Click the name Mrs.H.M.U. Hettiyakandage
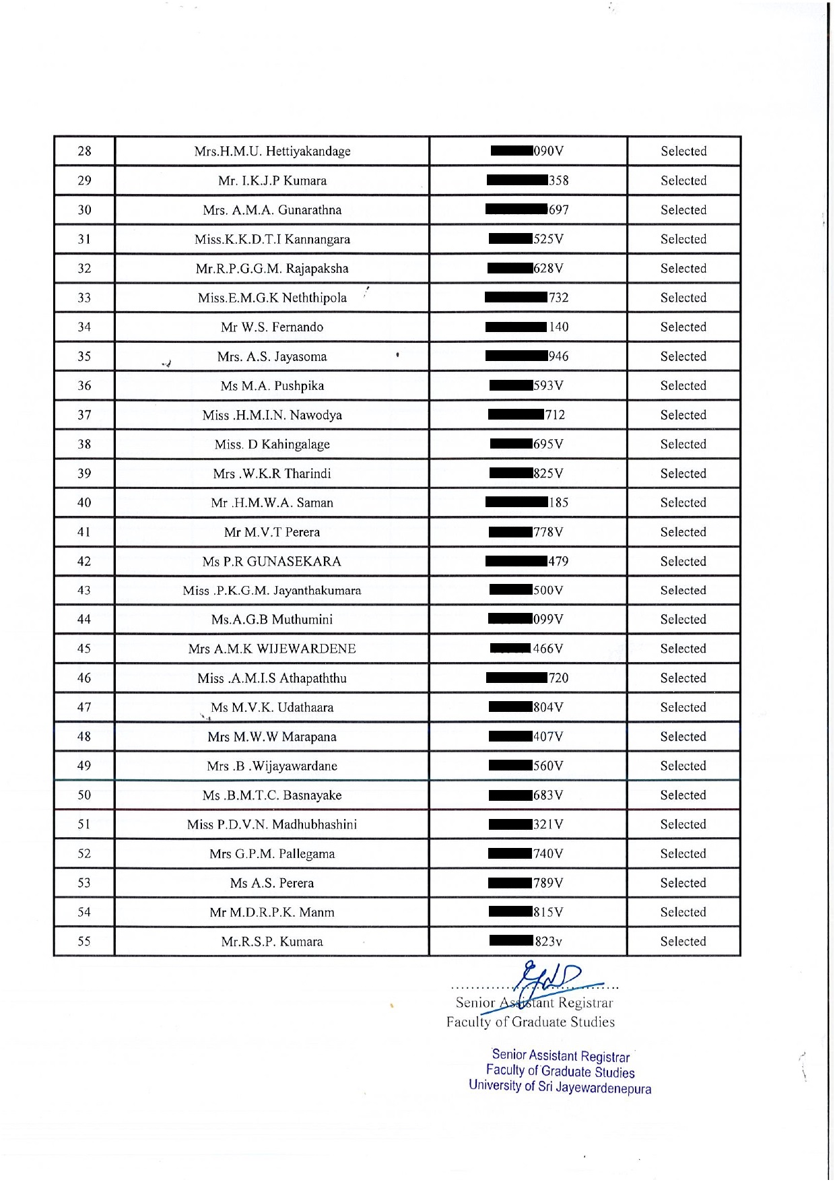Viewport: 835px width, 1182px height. (x=272, y=152)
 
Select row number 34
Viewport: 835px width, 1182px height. (x=84, y=327)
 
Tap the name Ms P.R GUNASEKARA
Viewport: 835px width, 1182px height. (x=272, y=562)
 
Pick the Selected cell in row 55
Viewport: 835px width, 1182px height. (x=683, y=942)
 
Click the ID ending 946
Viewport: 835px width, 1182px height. (x=558, y=356)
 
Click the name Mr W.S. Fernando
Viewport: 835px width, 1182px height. (x=272, y=327)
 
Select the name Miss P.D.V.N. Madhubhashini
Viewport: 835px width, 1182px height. (x=272, y=824)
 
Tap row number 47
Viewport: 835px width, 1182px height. (x=84, y=708)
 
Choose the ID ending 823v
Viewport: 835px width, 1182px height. (x=548, y=942)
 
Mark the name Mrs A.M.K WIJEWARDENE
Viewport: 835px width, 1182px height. (x=272, y=649)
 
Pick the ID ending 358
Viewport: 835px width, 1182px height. (x=558, y=180)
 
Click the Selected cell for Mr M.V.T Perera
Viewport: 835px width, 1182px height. (x=683, y=532)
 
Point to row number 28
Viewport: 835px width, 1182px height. (x=84, y=152)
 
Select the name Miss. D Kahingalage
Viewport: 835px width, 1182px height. (x=272, y=445)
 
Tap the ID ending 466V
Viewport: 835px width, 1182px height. (x=547, y=649)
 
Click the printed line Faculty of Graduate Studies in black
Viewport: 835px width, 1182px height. (x=530, y=1022)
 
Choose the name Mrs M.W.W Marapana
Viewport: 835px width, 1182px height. (x=272, y=737)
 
